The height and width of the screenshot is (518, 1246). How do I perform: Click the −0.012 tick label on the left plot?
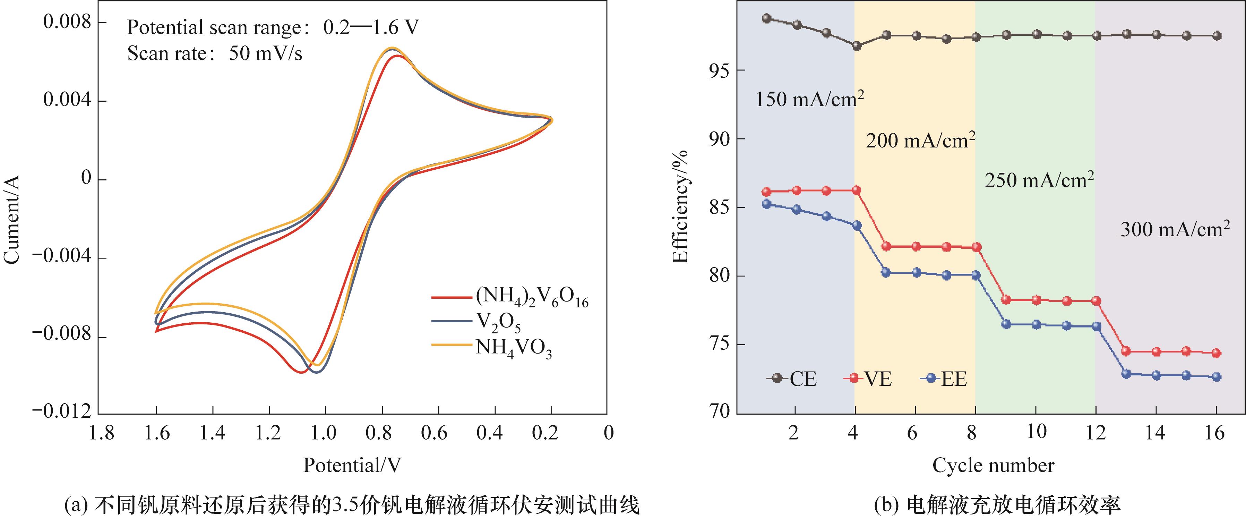[62, 411]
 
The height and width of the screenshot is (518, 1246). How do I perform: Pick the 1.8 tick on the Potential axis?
[102, 432]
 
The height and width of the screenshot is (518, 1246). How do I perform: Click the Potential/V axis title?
[352, 465]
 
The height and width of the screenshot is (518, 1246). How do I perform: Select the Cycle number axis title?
[993, 465]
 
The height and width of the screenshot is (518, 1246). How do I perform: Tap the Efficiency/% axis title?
[680, 207]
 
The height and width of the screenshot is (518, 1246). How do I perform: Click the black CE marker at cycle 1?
[766, 18]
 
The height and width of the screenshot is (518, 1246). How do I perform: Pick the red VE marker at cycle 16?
[1217, 353]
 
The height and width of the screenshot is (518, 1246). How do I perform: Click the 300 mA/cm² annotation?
[1175, 229]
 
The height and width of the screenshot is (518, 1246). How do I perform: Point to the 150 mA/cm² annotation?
[809, 99]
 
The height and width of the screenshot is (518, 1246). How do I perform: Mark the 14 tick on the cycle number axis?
[1155, 432]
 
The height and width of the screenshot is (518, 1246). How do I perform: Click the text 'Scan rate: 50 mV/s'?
[214, 53]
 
